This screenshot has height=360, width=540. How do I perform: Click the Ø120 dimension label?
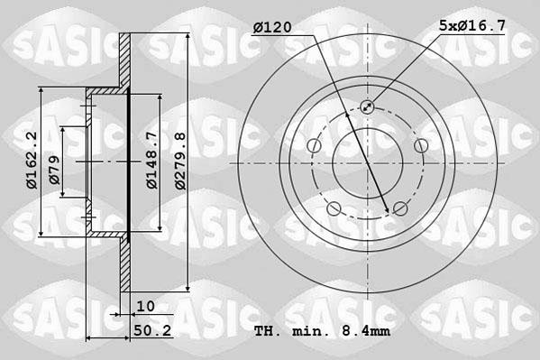272,28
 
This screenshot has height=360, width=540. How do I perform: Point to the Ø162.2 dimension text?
31,160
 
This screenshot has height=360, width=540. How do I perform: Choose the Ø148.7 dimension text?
151,160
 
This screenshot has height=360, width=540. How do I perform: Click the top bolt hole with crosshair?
367,108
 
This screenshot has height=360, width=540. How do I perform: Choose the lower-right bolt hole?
399,209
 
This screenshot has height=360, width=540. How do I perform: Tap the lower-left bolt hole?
334,209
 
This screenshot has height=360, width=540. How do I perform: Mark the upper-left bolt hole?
314,147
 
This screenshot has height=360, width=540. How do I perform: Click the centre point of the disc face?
367,163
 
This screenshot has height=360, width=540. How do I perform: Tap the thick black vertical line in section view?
130,162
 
